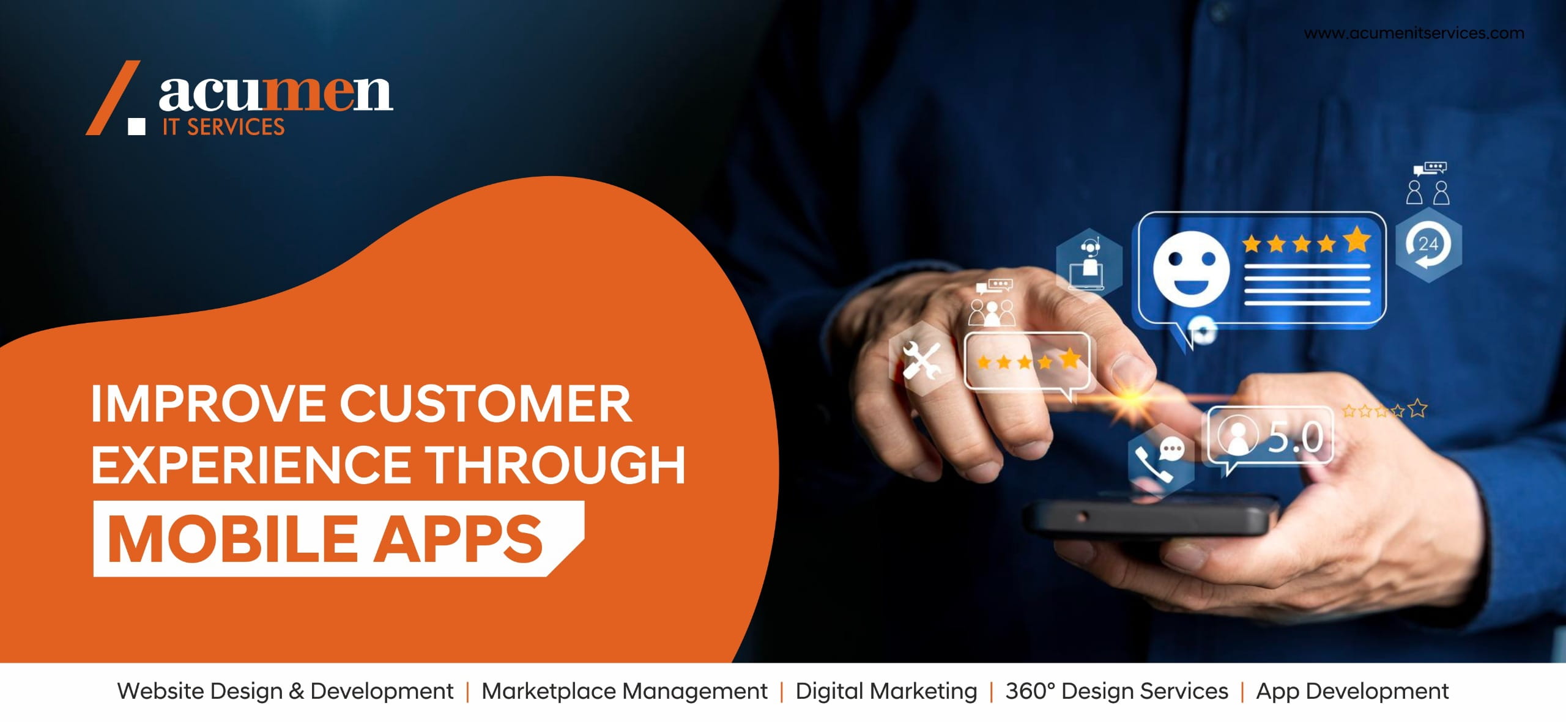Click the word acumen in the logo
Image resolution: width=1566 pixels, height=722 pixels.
(275, 94)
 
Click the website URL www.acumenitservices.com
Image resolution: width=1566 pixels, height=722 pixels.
(1414, 33)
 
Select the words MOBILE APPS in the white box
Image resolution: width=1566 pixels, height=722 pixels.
(325, 539)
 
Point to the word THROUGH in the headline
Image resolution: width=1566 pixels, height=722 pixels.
(555, 465)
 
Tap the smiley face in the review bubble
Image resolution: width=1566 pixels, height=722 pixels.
(1190, 270)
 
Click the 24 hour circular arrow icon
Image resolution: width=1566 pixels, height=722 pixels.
(1428, 245)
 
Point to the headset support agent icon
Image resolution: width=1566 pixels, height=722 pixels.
(1089, 264)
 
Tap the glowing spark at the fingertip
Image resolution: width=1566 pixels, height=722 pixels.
(1133, 398)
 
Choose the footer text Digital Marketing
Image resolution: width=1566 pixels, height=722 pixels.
(886, 691)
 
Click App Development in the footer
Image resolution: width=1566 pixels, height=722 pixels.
(1353, 691)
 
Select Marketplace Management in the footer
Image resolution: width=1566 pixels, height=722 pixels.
(625, 691)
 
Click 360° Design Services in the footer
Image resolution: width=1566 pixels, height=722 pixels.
(1117, 691)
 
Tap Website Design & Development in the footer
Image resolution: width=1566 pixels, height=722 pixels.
(285, 691)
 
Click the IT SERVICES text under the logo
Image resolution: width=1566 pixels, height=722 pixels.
(223, 127)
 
